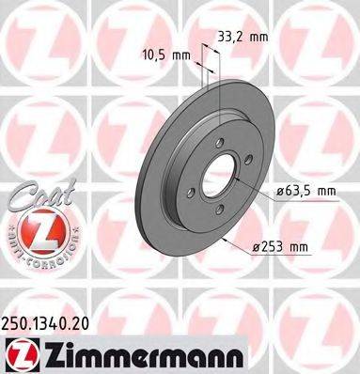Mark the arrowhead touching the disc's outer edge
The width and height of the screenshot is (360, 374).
(226, 239)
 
